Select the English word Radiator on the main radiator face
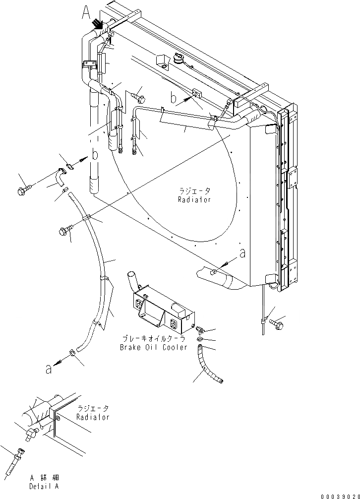(x=195, y=199)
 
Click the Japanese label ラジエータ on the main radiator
(x=195, y=191)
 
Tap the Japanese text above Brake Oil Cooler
(x=153, y=339)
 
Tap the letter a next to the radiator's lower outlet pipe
(x=242, y=253)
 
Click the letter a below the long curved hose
(x=48, y=369)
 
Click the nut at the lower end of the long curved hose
(x=72, y=353)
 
